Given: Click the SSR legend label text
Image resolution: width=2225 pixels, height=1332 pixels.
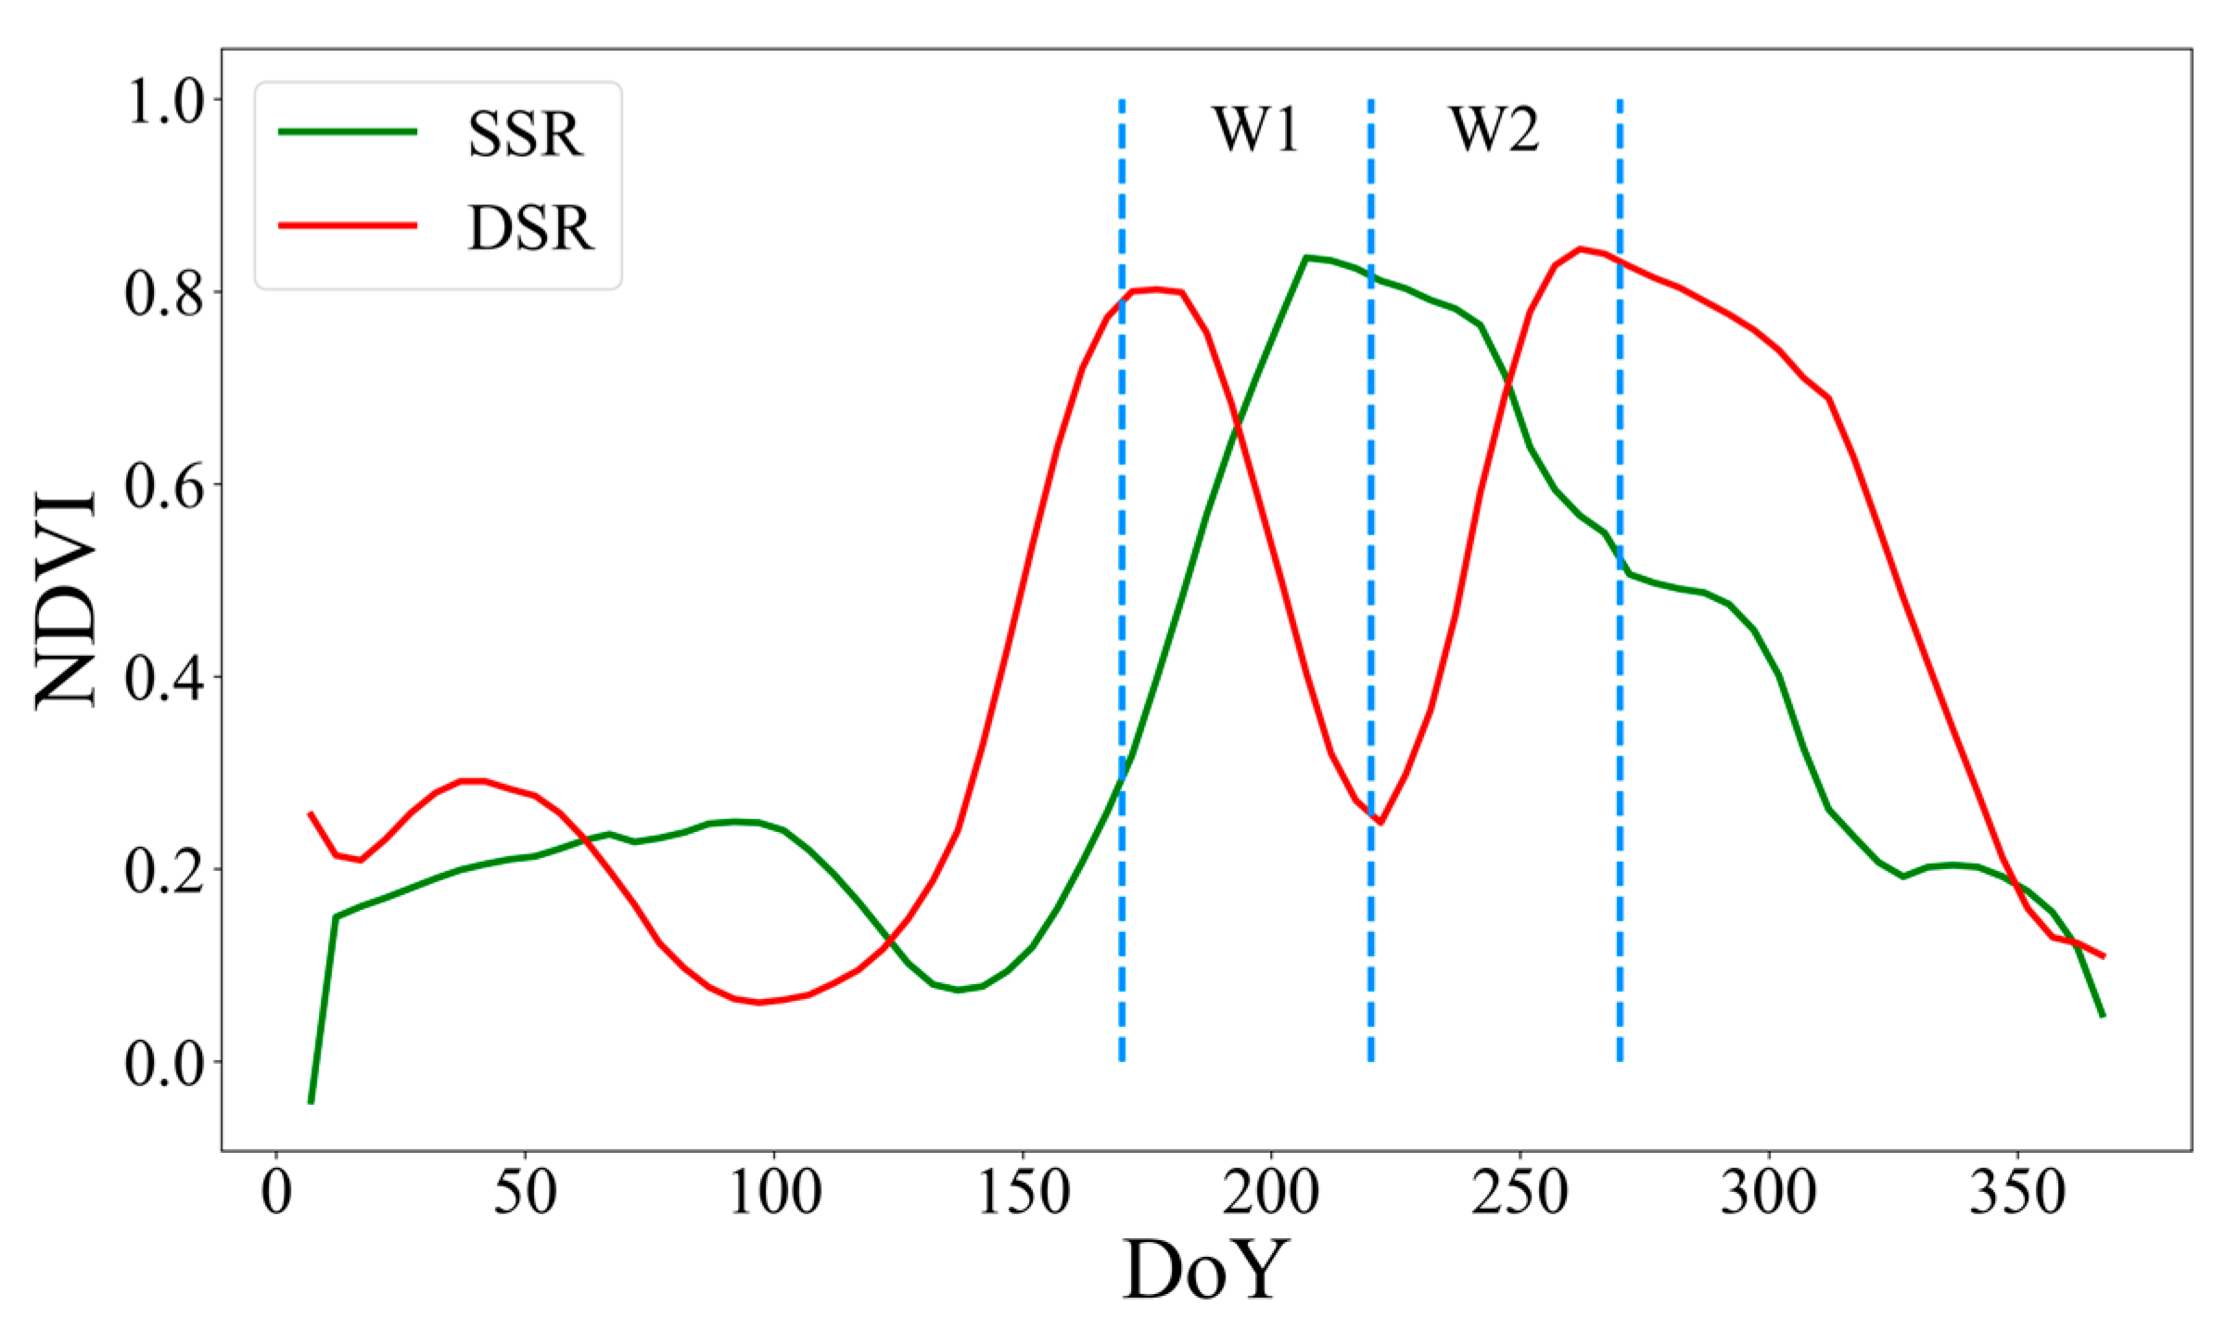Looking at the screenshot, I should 526,135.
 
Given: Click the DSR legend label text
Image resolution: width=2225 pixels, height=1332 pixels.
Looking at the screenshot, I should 529,228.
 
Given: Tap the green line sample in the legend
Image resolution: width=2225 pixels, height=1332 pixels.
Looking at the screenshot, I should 348,132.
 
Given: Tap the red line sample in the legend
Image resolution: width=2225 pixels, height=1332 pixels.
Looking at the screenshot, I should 348,225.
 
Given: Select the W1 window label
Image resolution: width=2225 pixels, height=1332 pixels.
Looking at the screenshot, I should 1255,130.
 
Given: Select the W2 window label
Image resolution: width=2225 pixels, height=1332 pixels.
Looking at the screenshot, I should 1494,130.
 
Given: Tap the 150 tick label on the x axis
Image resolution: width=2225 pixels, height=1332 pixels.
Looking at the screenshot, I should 1023,1193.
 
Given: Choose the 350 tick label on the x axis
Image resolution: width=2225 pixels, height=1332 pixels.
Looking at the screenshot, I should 2018,1193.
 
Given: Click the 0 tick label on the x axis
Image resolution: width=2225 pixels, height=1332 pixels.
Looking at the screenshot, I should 276,1193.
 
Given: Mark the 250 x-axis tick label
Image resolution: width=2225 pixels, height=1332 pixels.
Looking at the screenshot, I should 1520,1193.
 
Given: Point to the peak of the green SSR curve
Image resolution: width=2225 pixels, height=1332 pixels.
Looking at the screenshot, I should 1305,258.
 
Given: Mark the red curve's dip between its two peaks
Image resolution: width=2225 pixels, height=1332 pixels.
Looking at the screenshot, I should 1379,822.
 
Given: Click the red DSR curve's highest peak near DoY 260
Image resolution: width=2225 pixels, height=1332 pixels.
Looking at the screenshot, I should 1580,249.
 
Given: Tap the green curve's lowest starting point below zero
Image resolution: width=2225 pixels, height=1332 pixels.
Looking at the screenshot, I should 311,1102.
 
